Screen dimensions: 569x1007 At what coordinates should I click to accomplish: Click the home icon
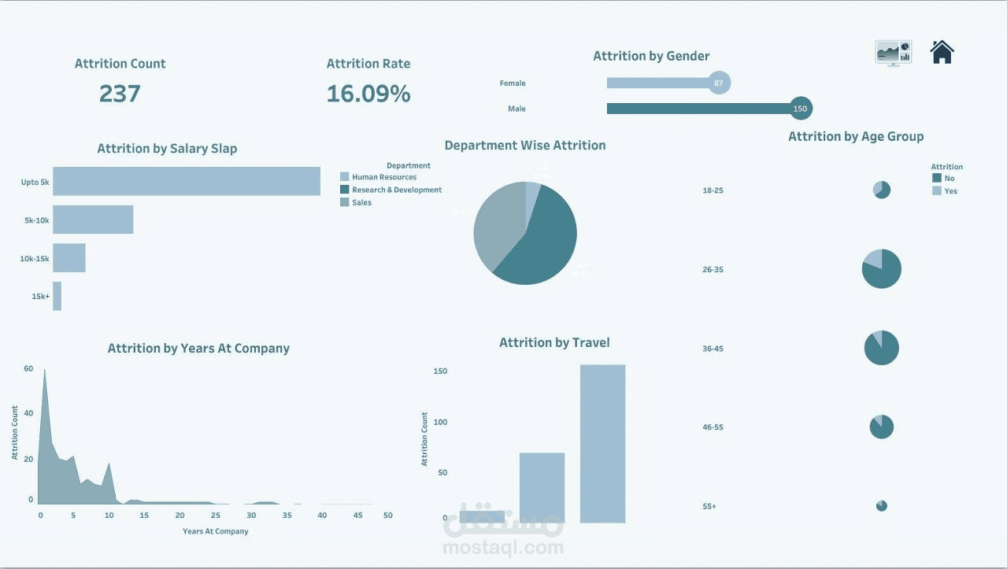(x=942, y=52)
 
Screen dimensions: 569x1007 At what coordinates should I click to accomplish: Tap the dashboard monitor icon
(x=893, y=53)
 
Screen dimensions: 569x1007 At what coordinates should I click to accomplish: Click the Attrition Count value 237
(x=120, y=94)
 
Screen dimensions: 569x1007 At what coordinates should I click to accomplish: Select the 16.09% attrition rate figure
(x=368, y=94)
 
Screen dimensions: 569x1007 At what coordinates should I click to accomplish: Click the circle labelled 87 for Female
(x=718, y=83)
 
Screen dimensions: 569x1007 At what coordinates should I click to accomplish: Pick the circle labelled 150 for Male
(x=800, y=109)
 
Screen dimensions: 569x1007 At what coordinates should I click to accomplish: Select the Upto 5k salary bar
(x=187, y=181)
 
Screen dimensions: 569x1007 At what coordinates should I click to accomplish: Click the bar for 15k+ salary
(x=57, y=296)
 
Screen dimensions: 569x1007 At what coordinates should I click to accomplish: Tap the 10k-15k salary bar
(x=69, y=258)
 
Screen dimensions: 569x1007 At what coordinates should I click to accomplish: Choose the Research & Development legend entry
(x=396, y=190)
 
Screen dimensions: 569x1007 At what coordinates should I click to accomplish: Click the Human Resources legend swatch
(x=344, y=177)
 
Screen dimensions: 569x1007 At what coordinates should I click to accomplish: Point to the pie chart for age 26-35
(x=882, y=269)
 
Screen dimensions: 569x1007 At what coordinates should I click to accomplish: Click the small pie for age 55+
(x=882, y=505)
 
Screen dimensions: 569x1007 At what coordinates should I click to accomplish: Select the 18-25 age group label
(x=713, y=190)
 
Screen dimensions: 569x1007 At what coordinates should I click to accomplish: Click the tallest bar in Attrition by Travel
(x=602, y=444)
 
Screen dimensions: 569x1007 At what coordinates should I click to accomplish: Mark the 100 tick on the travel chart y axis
(x=439, y=422)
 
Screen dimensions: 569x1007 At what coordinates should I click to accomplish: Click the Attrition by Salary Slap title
(x=167, y=149)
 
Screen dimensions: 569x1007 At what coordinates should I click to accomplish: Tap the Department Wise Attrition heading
(x=525, y=146)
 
